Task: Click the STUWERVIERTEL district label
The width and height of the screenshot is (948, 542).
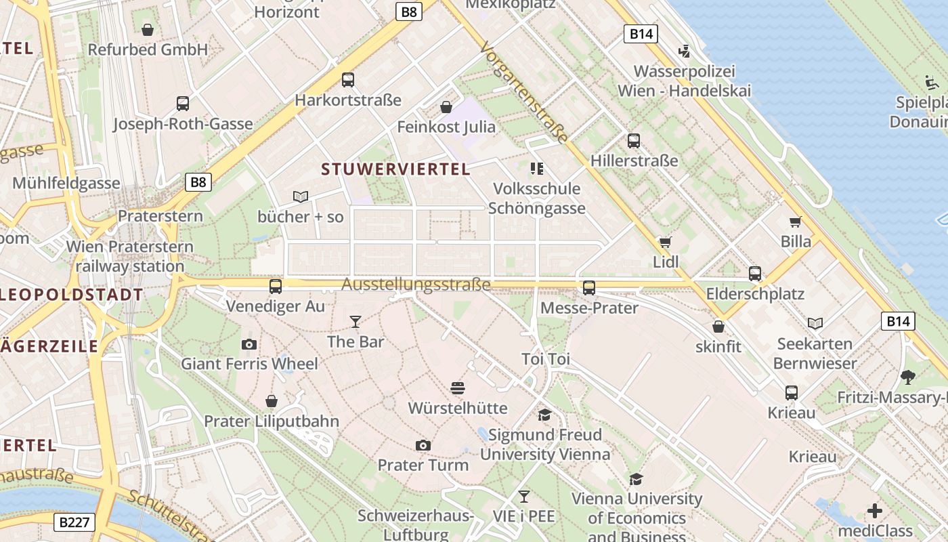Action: pyautogui.click(x=395, y=169)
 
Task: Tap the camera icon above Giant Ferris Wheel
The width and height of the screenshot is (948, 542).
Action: pyautogui.click(x=249, y=344)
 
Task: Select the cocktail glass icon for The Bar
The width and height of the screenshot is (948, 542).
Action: pyautogui.click(x=355, y=321)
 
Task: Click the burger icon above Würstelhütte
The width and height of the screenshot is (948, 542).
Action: pyautogui.click(x=458, y=388)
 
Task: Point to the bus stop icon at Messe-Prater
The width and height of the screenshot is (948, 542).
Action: pyautogui.click(x=589, y=287)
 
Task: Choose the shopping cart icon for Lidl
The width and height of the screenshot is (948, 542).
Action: pyautogui.click(x=665, y=242)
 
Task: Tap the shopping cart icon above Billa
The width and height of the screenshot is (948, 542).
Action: pyautogui.click(x=796, y=222)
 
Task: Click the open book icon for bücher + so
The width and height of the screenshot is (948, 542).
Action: pyautogui.click(x=301, y=196)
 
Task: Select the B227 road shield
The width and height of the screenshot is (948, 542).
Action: pyautogui.click(x=74, y=522)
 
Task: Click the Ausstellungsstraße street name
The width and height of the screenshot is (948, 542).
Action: pyautogui.click(x=416, y=285)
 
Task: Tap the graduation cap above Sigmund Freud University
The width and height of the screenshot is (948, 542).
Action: pyautogui.click(x=545, y=415)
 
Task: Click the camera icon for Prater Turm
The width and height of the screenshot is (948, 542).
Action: pyautogui.click(x=423, y=445)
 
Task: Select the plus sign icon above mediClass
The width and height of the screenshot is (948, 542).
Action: pyautogui.click(x=875, y=510)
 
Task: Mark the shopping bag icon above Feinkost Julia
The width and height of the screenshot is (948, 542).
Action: pyautogui.click(x=446, y=106)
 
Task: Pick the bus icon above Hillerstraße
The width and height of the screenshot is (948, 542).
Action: pyautogui.click(x=634, y=140)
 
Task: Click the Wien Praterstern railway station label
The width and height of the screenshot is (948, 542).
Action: pyautogui.click(x=130, y=256)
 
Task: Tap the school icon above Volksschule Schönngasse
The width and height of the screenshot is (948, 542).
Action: pyautogui.click(x=537, y=168)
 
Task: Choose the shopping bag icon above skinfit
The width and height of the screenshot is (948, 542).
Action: pyautogui.click(x=718, y=327)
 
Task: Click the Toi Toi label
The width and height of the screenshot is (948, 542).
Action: pyautogui.click(x=546, y=359)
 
